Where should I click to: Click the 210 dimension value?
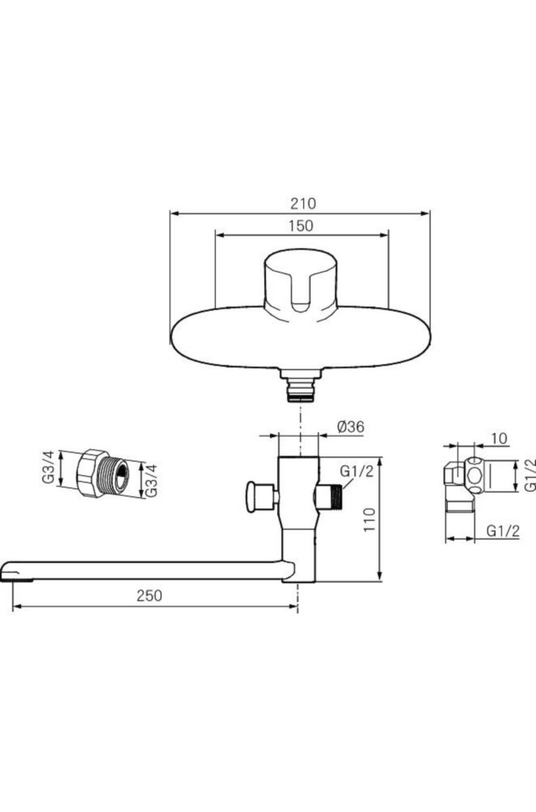303,204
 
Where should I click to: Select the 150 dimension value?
300,226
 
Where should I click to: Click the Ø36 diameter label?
351,427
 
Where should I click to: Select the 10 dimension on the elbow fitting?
499,438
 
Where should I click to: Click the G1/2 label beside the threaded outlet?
357,472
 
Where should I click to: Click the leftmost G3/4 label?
48,467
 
